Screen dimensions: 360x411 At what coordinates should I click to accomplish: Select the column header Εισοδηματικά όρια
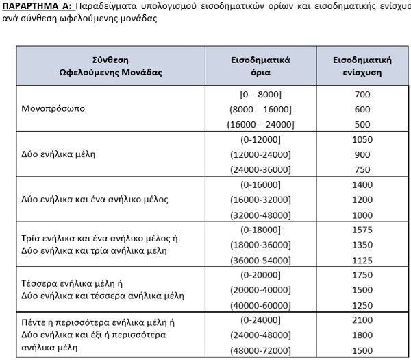261,65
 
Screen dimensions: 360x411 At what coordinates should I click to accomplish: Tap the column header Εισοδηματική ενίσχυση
363,65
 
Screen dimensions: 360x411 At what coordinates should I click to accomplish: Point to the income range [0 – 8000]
261,94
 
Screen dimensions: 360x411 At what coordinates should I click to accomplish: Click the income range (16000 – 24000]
261,124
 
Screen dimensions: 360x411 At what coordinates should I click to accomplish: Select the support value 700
363,94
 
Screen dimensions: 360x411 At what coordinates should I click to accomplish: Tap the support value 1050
363,139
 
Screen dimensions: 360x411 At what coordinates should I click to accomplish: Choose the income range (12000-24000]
261,154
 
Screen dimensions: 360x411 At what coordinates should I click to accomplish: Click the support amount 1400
363,185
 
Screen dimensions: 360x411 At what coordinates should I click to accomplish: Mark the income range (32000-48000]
261,215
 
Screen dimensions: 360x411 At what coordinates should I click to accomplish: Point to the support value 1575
363,230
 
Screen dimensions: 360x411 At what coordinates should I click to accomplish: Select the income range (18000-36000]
261,245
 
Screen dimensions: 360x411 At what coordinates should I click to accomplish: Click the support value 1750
363,274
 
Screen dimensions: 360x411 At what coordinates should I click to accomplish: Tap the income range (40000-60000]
261,304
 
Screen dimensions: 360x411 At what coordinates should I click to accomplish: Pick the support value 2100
363,320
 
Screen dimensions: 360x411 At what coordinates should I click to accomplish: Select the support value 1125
363,260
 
